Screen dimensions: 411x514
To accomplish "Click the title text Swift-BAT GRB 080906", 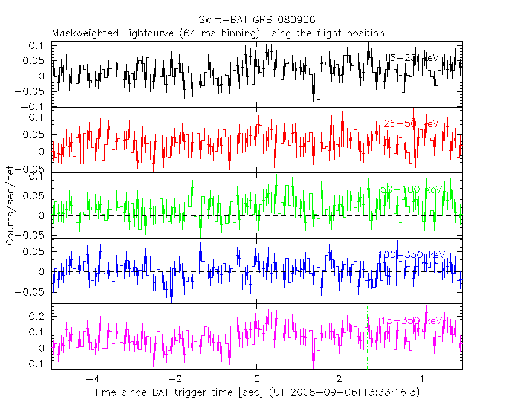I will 256,21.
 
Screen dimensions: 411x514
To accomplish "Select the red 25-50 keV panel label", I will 411,124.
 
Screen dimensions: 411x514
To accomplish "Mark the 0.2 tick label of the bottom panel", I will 39,316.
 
